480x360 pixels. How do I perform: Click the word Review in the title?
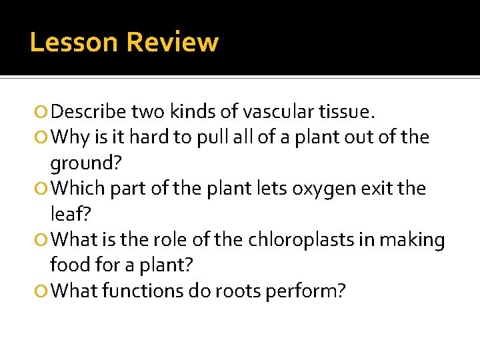(x=172, y=43)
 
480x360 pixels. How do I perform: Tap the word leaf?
(x=67, y=214)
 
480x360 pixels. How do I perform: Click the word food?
(x=69, y=265)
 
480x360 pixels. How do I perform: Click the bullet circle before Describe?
(x=43, y=111)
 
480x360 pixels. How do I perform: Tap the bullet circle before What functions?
(x=43, y=291)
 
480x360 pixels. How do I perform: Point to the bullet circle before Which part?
(x=43, y=189)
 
